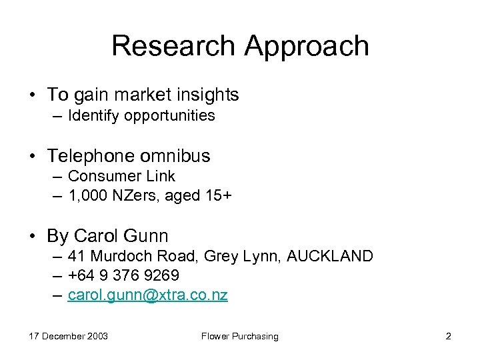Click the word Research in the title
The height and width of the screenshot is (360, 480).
pos(173,46)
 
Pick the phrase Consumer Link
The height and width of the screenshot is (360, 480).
pos(121,176)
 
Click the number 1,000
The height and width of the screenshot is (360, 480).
pos(88,196)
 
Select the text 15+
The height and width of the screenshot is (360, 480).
pos(217,196)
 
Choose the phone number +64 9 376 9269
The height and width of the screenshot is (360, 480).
pos(123,275)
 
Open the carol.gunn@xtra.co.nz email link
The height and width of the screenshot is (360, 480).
pos(147,295)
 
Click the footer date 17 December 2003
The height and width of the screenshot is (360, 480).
pos(68,336)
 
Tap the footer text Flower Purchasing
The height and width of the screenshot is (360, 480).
pos(240,336)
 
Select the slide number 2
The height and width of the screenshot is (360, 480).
pos(448,336)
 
